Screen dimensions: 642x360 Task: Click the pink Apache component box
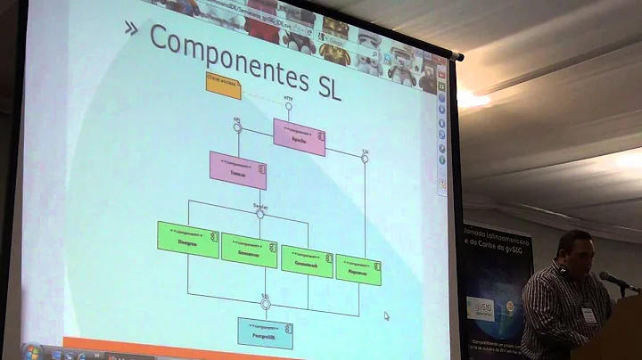point(299,136)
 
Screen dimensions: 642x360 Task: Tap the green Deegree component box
point(188,238)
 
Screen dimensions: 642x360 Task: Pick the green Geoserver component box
point(249,250)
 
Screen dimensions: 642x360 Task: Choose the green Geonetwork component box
point(307,260)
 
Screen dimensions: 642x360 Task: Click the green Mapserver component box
point(358,268)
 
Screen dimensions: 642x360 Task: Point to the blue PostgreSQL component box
point(265,331)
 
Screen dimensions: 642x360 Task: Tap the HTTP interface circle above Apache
point(288,106)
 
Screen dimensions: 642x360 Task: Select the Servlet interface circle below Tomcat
point(259,213)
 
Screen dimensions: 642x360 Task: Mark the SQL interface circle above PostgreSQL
point(265,303)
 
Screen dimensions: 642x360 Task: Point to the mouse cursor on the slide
point(386,315)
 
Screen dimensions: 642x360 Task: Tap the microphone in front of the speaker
point(615,280)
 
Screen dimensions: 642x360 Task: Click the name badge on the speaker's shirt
point(588,314)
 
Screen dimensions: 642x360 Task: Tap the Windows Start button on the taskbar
point(32,351)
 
